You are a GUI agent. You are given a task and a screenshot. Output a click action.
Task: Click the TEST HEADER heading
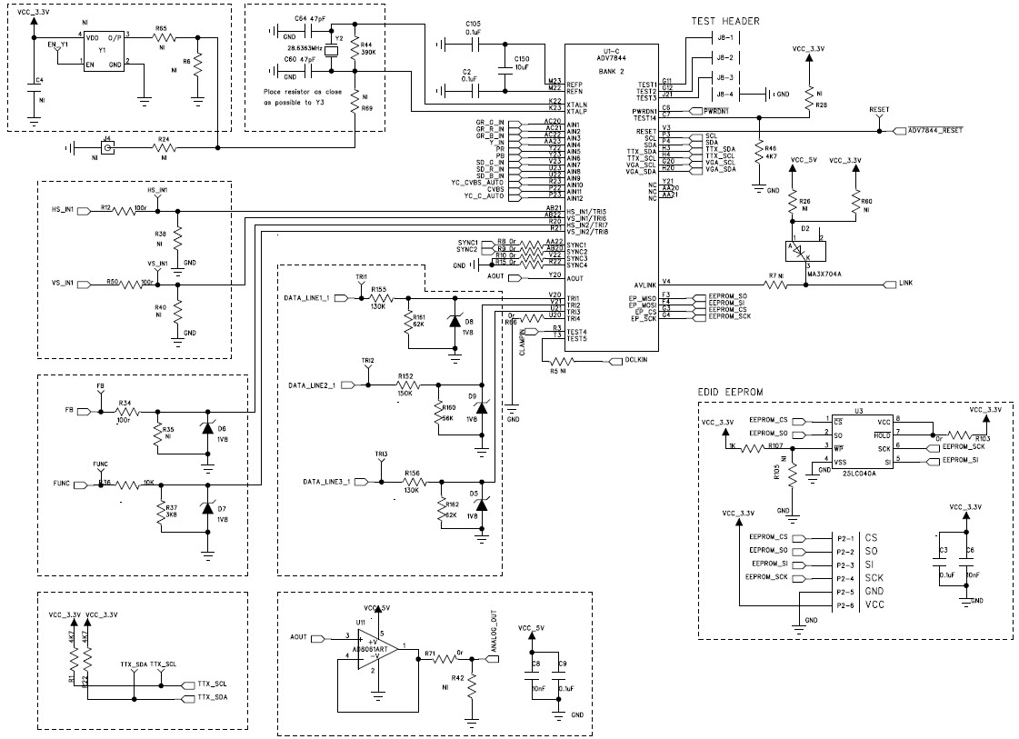(725, 21)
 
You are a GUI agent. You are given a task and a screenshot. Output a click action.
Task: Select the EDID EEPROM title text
(731, 392)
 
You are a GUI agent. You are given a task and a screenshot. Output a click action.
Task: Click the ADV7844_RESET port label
(936, 131)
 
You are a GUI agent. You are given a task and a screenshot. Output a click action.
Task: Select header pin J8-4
(724, 94)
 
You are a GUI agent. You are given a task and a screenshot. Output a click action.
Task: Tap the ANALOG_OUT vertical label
(495, 633)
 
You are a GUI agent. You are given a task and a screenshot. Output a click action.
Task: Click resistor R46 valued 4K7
(758, 151)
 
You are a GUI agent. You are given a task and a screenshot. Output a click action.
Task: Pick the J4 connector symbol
(108, 146)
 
